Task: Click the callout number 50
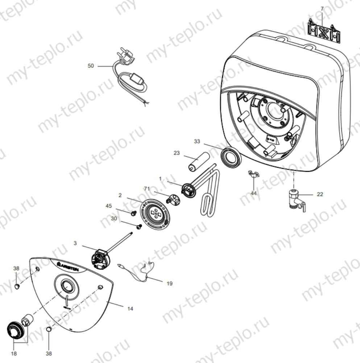pyautogui.click(x=91, y=66)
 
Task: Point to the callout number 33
pyautogui.click(x=197, y=141)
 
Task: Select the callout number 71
pyautogui.click(x=147, y=189)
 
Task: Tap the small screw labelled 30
pyautogui.click(x=138, y=227)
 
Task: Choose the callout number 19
pyautogui.click(x=170, y=284)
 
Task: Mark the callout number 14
pyautogui.click(x=131, y=309)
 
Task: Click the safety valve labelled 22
pyautogui.click(x=295, y=199)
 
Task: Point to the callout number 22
pyautogui.click(x=320, y=194)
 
